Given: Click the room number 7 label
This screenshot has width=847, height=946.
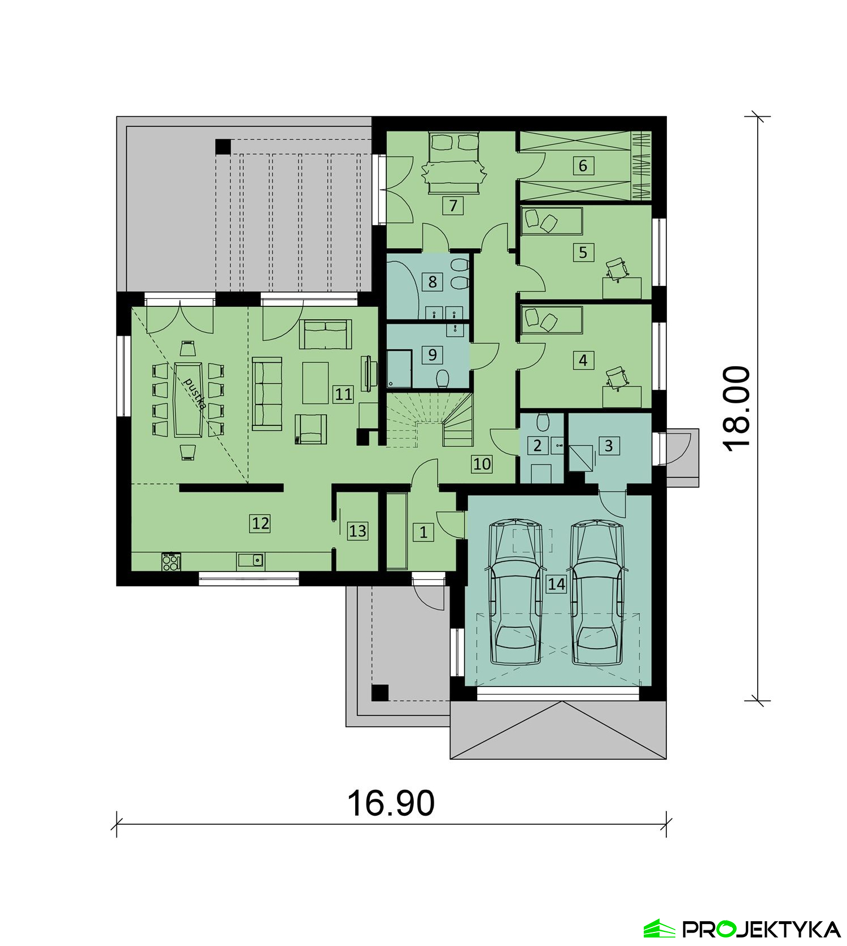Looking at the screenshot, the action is pos(453,206).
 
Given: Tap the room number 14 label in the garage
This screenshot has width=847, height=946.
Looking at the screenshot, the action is pos(556,584).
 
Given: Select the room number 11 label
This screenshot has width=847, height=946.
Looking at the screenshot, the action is pos(343,394).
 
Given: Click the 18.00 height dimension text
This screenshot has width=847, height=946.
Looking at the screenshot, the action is pos(737,408).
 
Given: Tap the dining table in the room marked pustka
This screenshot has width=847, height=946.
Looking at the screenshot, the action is pos(189,399).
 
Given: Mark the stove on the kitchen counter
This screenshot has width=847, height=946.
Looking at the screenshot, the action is pos(172,561).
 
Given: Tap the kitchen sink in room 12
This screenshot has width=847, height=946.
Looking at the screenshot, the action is pos(251,560).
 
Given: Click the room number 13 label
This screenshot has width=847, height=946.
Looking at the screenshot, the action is pos(357,531).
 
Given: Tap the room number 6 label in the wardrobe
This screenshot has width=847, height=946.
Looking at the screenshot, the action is pos(583,166).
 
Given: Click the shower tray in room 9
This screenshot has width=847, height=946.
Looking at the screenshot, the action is pos(399,368).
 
